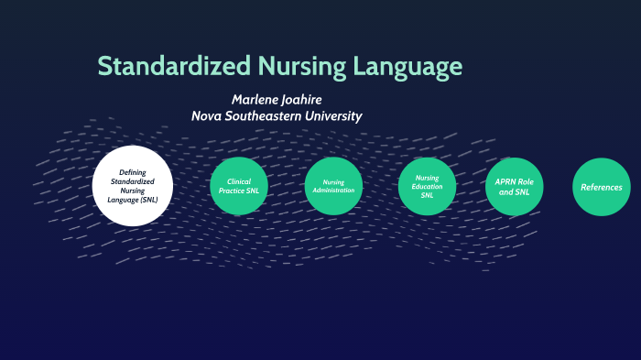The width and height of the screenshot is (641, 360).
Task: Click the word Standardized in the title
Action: click(x=174, y=66)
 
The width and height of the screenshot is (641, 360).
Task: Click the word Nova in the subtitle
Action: click(x=209, y=116)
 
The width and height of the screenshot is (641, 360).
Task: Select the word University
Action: click(x=333, y=116)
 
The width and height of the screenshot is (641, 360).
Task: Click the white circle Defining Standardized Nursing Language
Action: click(x=133, y=186)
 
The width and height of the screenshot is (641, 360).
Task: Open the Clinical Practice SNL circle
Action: click(x=239, y=187)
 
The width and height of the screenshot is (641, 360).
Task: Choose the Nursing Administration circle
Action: click(x=334, y=187)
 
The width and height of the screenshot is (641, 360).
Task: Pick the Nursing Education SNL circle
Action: click(x=428, y=187)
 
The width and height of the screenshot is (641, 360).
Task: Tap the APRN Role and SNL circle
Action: click(x=515, y=187)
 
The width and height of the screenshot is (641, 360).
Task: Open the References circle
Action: click(x=602, y=187)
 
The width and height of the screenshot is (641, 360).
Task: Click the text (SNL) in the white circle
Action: click(x=157, y=200)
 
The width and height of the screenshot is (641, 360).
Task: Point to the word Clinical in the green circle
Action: click(x=239, y=181)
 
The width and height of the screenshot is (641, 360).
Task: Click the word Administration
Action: click(x=334, y=191)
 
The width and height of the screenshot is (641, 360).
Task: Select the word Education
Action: click(x=428, y=186)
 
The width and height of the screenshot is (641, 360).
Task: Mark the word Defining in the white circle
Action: click(x=133, y=172)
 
